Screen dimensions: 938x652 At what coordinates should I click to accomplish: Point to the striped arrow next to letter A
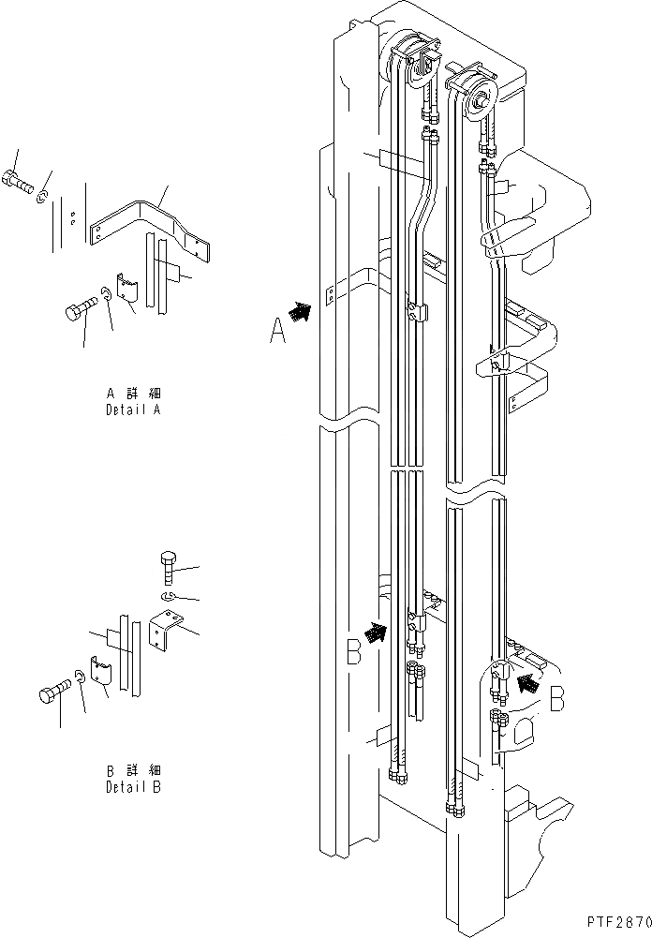coord(301,312)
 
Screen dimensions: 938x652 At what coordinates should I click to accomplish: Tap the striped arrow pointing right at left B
coord(375,634)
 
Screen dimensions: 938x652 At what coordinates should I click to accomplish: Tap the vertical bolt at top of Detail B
coord(167,567)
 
